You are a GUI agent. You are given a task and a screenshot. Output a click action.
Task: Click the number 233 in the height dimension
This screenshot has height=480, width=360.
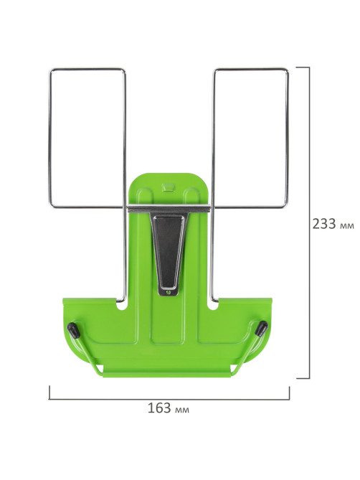pos(324,224)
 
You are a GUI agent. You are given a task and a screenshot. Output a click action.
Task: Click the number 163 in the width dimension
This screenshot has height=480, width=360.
pos(159,408)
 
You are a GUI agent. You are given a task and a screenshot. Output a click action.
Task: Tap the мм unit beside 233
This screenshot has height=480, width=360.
pos(347,226)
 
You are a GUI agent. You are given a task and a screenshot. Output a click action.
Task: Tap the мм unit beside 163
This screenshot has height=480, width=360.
pos(181,410)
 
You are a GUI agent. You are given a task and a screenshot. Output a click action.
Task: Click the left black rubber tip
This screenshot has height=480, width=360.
pos(73,330)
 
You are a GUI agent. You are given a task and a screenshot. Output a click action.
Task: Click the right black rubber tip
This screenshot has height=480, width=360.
pos(261,328)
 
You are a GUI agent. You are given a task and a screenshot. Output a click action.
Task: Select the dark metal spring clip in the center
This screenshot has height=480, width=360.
pos(169,252)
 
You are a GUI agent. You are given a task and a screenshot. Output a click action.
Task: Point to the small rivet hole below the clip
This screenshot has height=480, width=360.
pos(168,293)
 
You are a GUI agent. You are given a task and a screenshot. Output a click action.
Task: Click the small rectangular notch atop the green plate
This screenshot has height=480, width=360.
pos(168,187)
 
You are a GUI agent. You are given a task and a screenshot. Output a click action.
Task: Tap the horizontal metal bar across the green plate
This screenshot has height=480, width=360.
pos(169,209)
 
